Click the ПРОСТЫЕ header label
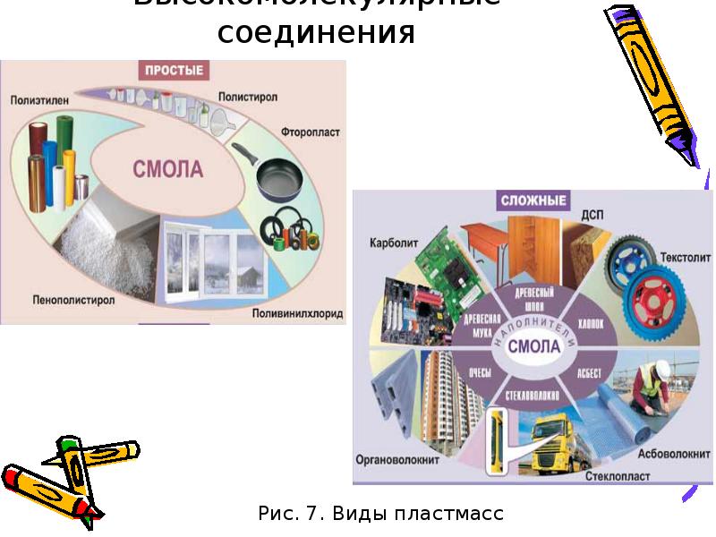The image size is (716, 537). coord(173,69)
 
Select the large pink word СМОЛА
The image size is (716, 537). coord(168,169)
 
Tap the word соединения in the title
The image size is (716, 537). coord(317,34)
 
